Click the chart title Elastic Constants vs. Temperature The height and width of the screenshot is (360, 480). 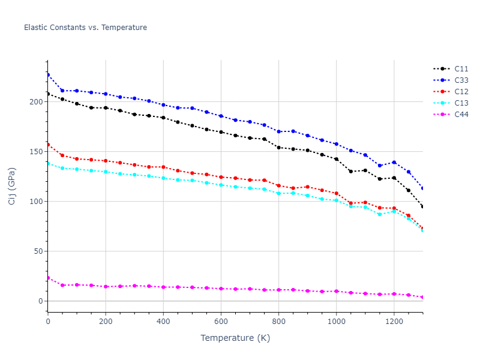pyautogui.click(x=85, y=28)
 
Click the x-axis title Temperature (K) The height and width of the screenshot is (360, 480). pyautogui.click(x=235, y=338)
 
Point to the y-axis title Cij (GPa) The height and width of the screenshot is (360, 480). pyautogui.click(x=12, y=186)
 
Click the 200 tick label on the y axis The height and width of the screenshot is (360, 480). pyautogui.click(x=36, y=102)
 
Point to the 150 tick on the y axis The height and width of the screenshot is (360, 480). pyautogui.click(x=36, y=152)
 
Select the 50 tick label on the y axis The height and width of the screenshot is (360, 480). pyautogui.click(x=38, y=251)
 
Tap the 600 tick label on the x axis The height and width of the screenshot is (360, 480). pyautogui.click(x=221, y=321)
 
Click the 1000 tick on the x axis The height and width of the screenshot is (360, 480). pyautogui.click(x=336, y=321)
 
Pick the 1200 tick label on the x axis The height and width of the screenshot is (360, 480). pyautogui.click(x=394, y=321)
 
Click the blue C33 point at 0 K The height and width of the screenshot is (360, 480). pyautogui.click(x=48, y=75)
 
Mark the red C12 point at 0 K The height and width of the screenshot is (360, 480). pyautogui.click(x=48, y=145)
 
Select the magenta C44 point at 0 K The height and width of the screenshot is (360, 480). pyautogui.click(x=48, y=278)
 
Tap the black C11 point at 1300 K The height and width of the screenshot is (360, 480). pyautogui.click(x=422, y=207)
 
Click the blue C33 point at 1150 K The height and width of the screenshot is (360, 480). pyautogui.click(x=379, y=166)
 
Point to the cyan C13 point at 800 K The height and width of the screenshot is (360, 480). pyautogui.click(x=278, y=193)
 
